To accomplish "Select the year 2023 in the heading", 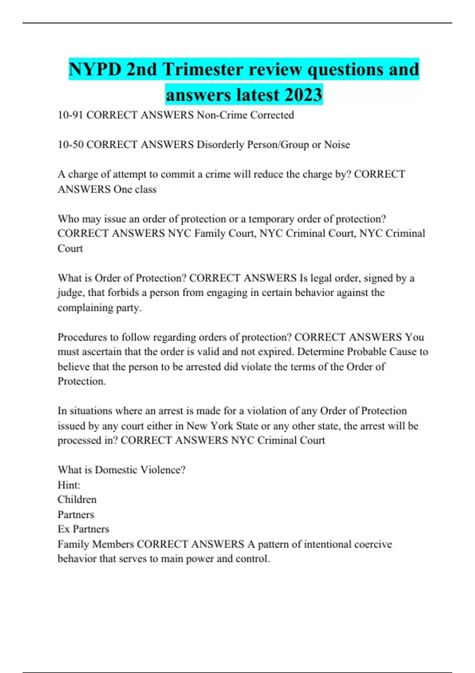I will [303, 95].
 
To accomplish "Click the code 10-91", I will [70, 115].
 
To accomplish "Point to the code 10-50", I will [70, 144].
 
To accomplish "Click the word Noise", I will [337, 144].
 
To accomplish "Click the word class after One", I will [145, 189].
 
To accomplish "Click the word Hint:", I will [69, 485].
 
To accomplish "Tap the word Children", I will [77, 500].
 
